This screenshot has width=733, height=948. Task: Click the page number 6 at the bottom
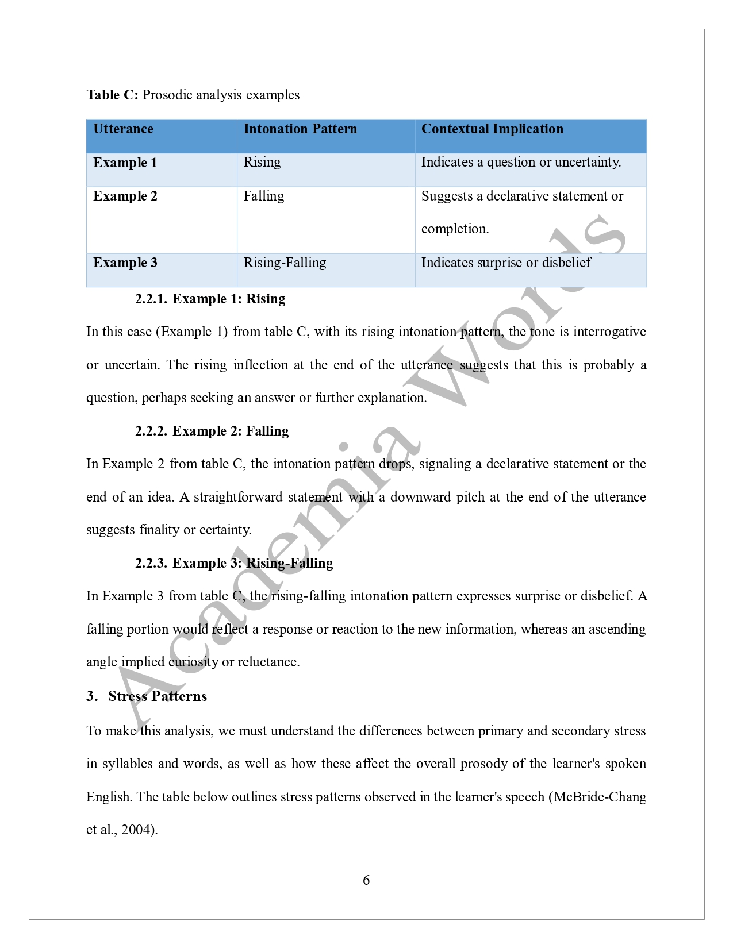(366, 880)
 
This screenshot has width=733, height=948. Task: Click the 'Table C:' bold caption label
(112, 95)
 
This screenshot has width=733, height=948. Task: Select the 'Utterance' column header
(123, 129)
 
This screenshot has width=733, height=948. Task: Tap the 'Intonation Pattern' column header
(300, 129)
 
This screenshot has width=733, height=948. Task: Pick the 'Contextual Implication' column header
(492, 129)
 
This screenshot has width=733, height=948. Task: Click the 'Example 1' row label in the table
(125, 163)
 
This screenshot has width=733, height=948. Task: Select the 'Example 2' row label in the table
(125, 196)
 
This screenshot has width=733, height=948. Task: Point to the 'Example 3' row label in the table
(125, 263)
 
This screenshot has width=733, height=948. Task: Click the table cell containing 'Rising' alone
(262, 162)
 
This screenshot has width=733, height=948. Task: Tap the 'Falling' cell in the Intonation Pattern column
(263, 196)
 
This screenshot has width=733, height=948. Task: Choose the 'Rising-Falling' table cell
(285, 263)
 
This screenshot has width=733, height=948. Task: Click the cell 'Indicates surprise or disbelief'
(506, 263)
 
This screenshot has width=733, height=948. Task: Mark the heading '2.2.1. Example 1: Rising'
(210, 299)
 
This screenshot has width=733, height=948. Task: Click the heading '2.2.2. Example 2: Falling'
(212, 431)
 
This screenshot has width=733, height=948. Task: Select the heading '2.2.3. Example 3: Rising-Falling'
(234, 563)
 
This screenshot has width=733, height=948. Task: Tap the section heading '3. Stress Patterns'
(147, 696)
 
